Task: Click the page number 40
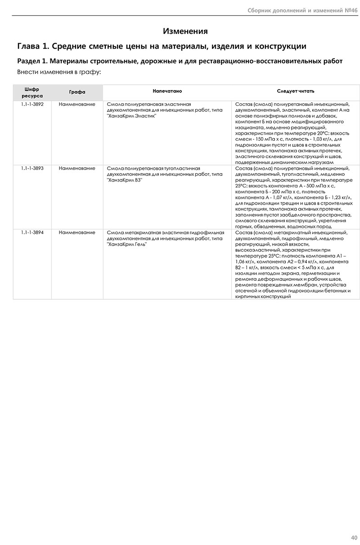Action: coord(354,537)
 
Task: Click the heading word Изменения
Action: coord(185,31)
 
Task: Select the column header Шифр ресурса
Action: coord(32,93)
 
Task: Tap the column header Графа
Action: coord(77,92)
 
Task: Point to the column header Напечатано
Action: coord(167,91)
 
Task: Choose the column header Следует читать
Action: coord(293,91)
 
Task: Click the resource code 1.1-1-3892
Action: coord(32,105)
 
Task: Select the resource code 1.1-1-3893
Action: coord(32,169)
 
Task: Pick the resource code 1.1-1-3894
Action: coord(32,233)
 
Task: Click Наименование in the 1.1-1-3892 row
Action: coord(77,105)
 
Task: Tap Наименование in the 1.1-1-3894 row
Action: coord(77,233)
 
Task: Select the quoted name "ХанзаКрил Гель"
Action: coord(127,244)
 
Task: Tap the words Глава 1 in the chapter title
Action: coord(31,46)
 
